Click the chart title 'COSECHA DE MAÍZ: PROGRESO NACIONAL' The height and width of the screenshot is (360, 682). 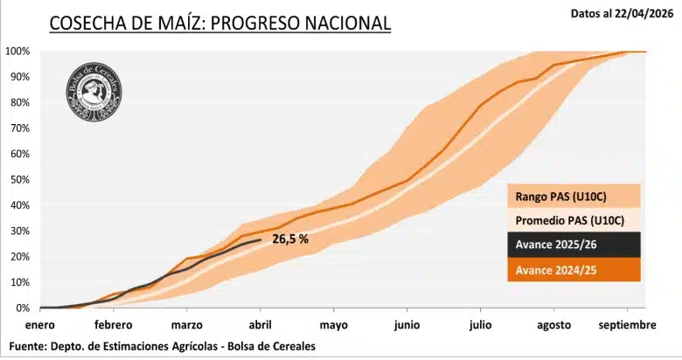(x=219, y=23)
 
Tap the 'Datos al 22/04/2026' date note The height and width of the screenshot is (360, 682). (x=620, y=13)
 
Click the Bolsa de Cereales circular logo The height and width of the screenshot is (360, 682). (x=94, y=92)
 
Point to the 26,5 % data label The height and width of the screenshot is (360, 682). (x=290, y=239)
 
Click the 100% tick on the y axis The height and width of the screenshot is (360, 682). (x=17, y=51)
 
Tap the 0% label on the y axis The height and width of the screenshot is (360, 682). (x=23, y=308)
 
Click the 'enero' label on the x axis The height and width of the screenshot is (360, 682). (x=39, y=325)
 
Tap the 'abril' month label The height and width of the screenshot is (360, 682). (x=261, y=325)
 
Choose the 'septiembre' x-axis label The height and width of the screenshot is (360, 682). (x=627, y=325)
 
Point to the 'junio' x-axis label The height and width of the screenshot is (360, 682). (x=407, y=325)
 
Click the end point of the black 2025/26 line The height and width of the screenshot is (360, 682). (x=261, y=239)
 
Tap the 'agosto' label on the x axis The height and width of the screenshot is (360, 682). (x=553, y=325)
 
